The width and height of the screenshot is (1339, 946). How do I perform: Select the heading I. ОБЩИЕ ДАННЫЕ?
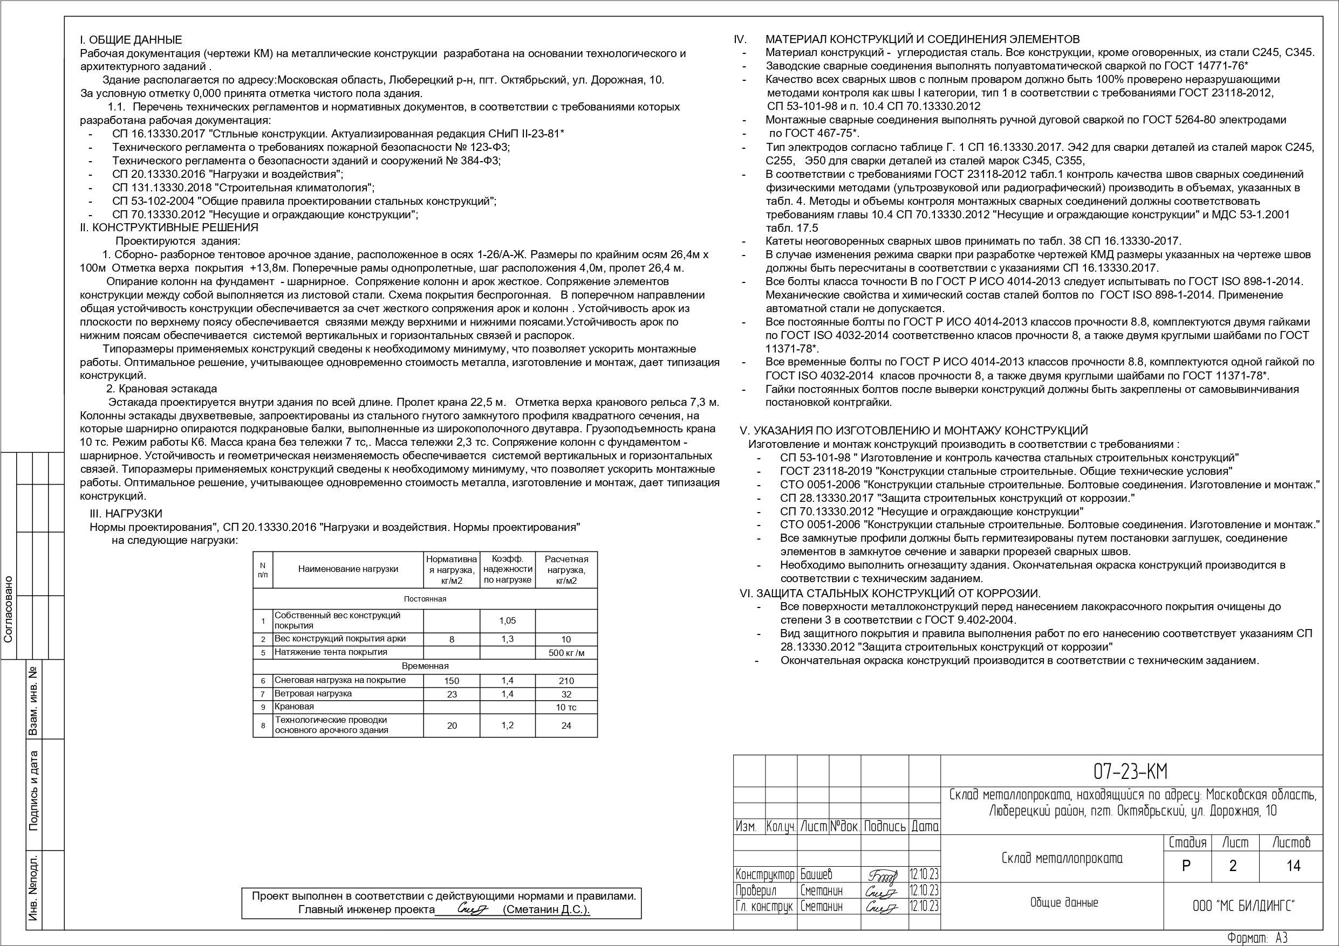point(131,40)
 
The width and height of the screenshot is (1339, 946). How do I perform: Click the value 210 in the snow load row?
point(566,681)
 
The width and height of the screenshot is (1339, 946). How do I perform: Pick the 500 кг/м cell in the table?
point(566,653)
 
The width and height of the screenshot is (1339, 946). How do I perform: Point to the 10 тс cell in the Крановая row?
point(566,708)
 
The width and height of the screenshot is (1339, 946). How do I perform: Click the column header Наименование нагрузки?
point(348,569)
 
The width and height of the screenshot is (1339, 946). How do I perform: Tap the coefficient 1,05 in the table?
point(507,621)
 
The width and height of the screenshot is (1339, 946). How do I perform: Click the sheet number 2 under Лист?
point(1232,866)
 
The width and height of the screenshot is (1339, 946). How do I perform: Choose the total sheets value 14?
point(1293,866)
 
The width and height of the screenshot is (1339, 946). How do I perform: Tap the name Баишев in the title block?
point(816,874)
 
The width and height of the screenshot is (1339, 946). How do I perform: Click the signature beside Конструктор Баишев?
point(883,875)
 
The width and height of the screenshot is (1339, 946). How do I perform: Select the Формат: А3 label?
point(1257,938)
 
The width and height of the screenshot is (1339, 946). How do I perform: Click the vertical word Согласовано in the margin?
point(8,609)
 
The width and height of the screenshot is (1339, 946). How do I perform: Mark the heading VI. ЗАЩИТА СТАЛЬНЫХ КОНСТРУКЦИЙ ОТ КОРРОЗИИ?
point(890,593)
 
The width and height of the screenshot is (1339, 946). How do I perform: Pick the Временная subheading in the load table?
point(425,666)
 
